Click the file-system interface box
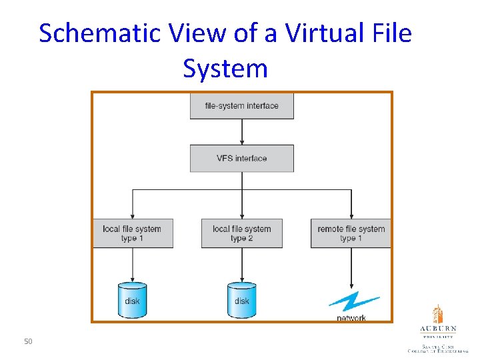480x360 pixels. (x=241, y=106)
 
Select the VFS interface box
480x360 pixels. (x=241, y=159)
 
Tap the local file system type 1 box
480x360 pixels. (x=133, y=233)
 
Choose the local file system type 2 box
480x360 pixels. (x=241, y=233)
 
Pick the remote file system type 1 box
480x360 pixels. (x=351, y=233)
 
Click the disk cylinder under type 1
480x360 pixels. (x=132, y=299)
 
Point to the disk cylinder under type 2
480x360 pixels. (x=241, y=299)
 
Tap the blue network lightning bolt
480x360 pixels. (x=353, y=301)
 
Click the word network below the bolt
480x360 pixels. (x=351, y=318)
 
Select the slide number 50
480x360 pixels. (x=28, y=342)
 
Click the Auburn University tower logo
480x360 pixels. (x=437, y=314)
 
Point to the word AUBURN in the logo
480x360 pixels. (x=438, y=329)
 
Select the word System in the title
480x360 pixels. (x=225, y=68)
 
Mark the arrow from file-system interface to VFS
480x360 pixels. (x=242, y=132)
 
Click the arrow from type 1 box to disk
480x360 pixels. (x=133, y=265)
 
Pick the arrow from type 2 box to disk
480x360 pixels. (x=241, y=265)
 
